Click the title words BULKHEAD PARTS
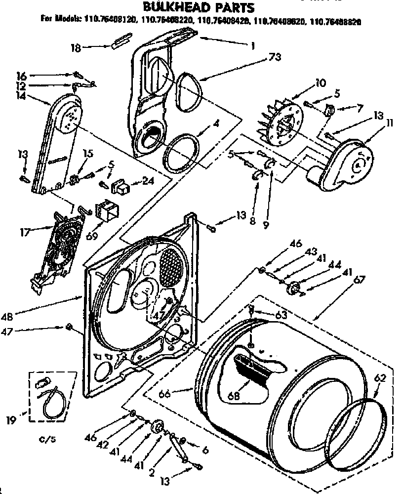[x=199, y=7]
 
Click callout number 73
[x=275, y=57]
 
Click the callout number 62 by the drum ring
[x=379, y=379]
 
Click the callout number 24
[x=147, y=181]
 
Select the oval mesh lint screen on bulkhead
[x=170, y=266]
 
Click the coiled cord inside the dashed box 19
[x=51, y=399]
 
